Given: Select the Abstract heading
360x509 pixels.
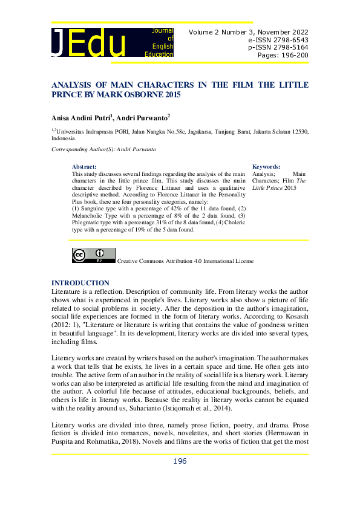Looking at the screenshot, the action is tap(84, 166).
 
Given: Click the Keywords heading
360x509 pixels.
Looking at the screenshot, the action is tap(266, 166).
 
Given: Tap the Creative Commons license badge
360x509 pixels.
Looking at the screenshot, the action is tap(93, 256).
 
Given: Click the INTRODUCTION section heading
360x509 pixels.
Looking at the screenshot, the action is tap(80, 283).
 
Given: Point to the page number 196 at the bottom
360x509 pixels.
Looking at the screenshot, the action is tap(180, 461).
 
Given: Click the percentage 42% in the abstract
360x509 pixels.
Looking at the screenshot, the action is tap(160, 209).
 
